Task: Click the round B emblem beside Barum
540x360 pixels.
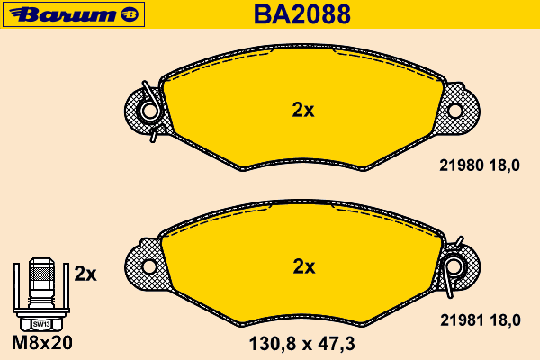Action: [x=130, y=14]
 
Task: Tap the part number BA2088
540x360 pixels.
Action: [x=302, y=14]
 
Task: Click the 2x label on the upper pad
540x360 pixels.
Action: [x=303, y=110]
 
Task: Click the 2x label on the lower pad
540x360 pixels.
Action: [x=304, y=266]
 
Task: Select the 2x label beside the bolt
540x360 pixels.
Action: [x=85, y=274]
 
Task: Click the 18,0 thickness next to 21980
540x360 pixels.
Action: [x=505, y=166]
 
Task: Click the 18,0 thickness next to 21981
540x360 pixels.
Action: [x=505, y=320]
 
